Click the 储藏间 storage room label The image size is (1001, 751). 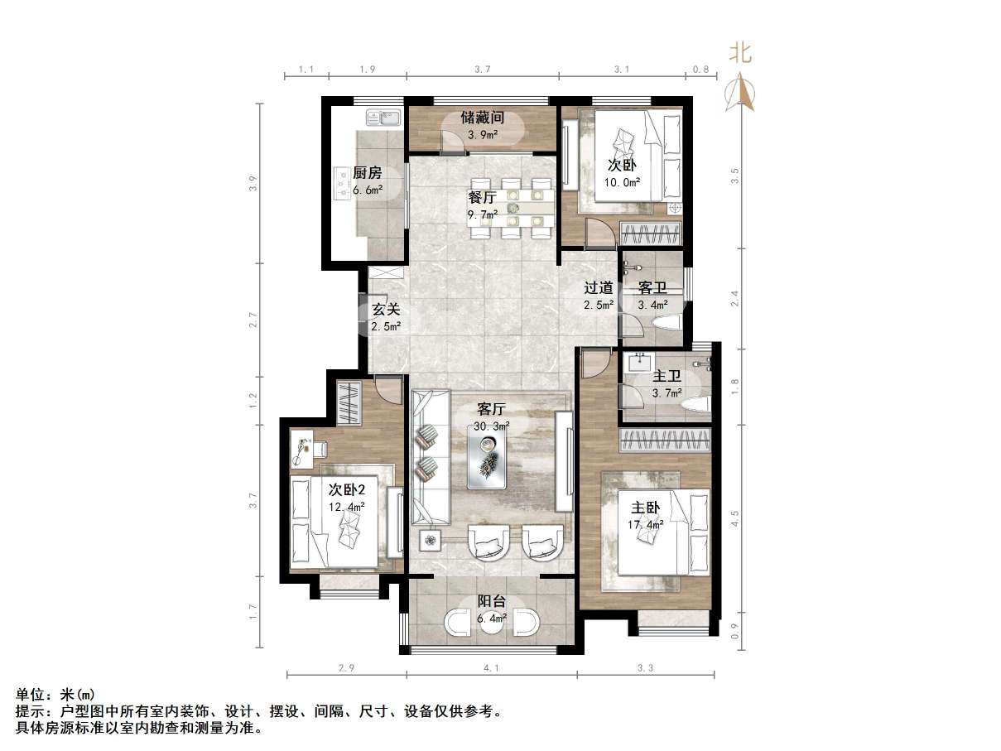coord(483,118)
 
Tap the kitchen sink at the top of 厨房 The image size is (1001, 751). coord(382,118)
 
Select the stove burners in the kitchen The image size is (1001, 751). coord(342,185)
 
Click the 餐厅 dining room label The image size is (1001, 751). coord(482,198)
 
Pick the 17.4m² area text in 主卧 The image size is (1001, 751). coord(646,525)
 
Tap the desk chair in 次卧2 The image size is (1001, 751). coord(318,448)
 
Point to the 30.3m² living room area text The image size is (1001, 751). coord(492,426)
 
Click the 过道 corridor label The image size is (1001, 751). coord(599,288)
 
